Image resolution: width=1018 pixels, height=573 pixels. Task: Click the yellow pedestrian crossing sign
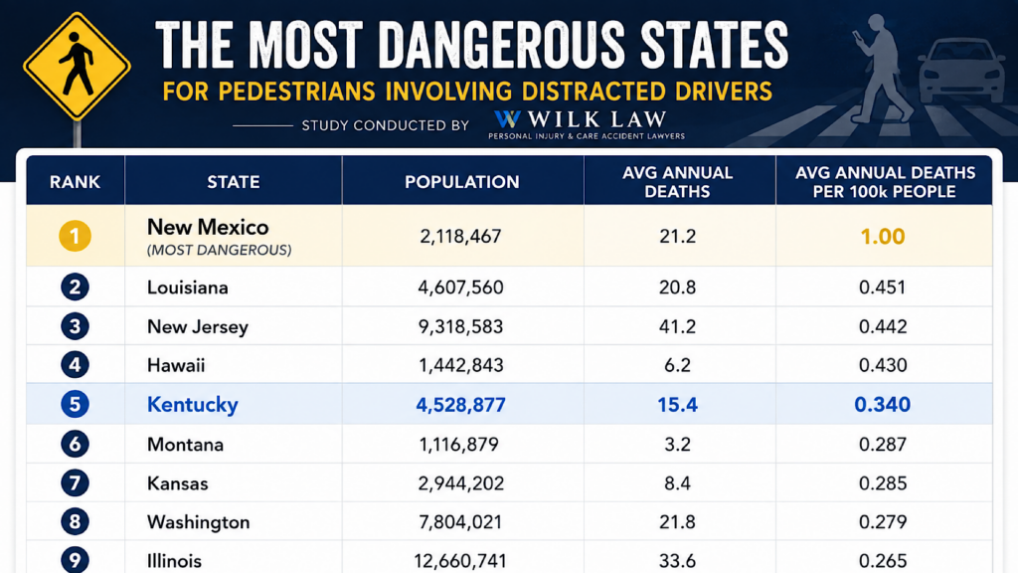point(77,67)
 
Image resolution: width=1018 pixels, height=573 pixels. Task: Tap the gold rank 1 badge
point(75,236)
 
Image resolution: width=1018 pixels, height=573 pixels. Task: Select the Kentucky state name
point(192,404)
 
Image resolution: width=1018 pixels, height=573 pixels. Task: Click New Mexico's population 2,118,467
point(460,236)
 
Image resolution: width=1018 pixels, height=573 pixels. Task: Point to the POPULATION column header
point(461,182)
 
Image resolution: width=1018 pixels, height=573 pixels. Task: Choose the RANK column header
point(75,182)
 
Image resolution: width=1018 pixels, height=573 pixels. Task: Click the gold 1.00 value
point(883,237)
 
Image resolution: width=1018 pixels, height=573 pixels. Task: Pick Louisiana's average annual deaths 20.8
point(677,287)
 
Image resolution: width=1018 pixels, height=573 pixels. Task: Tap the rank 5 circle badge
point(75,404)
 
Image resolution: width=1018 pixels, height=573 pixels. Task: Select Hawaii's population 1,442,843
point(460,365)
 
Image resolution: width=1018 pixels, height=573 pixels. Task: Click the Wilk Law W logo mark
point(507,119)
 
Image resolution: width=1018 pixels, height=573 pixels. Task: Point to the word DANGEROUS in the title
point(500,45)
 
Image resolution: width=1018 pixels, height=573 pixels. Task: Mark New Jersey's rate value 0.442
point(883,326)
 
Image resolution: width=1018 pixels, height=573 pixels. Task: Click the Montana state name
point(185,445)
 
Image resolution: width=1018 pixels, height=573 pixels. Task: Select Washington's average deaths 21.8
point(677,521)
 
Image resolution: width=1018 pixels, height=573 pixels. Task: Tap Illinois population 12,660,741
point(461,560)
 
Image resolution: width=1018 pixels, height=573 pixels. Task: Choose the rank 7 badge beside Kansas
point(75,483)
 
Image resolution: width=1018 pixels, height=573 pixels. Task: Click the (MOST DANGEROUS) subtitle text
point(219,250)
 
